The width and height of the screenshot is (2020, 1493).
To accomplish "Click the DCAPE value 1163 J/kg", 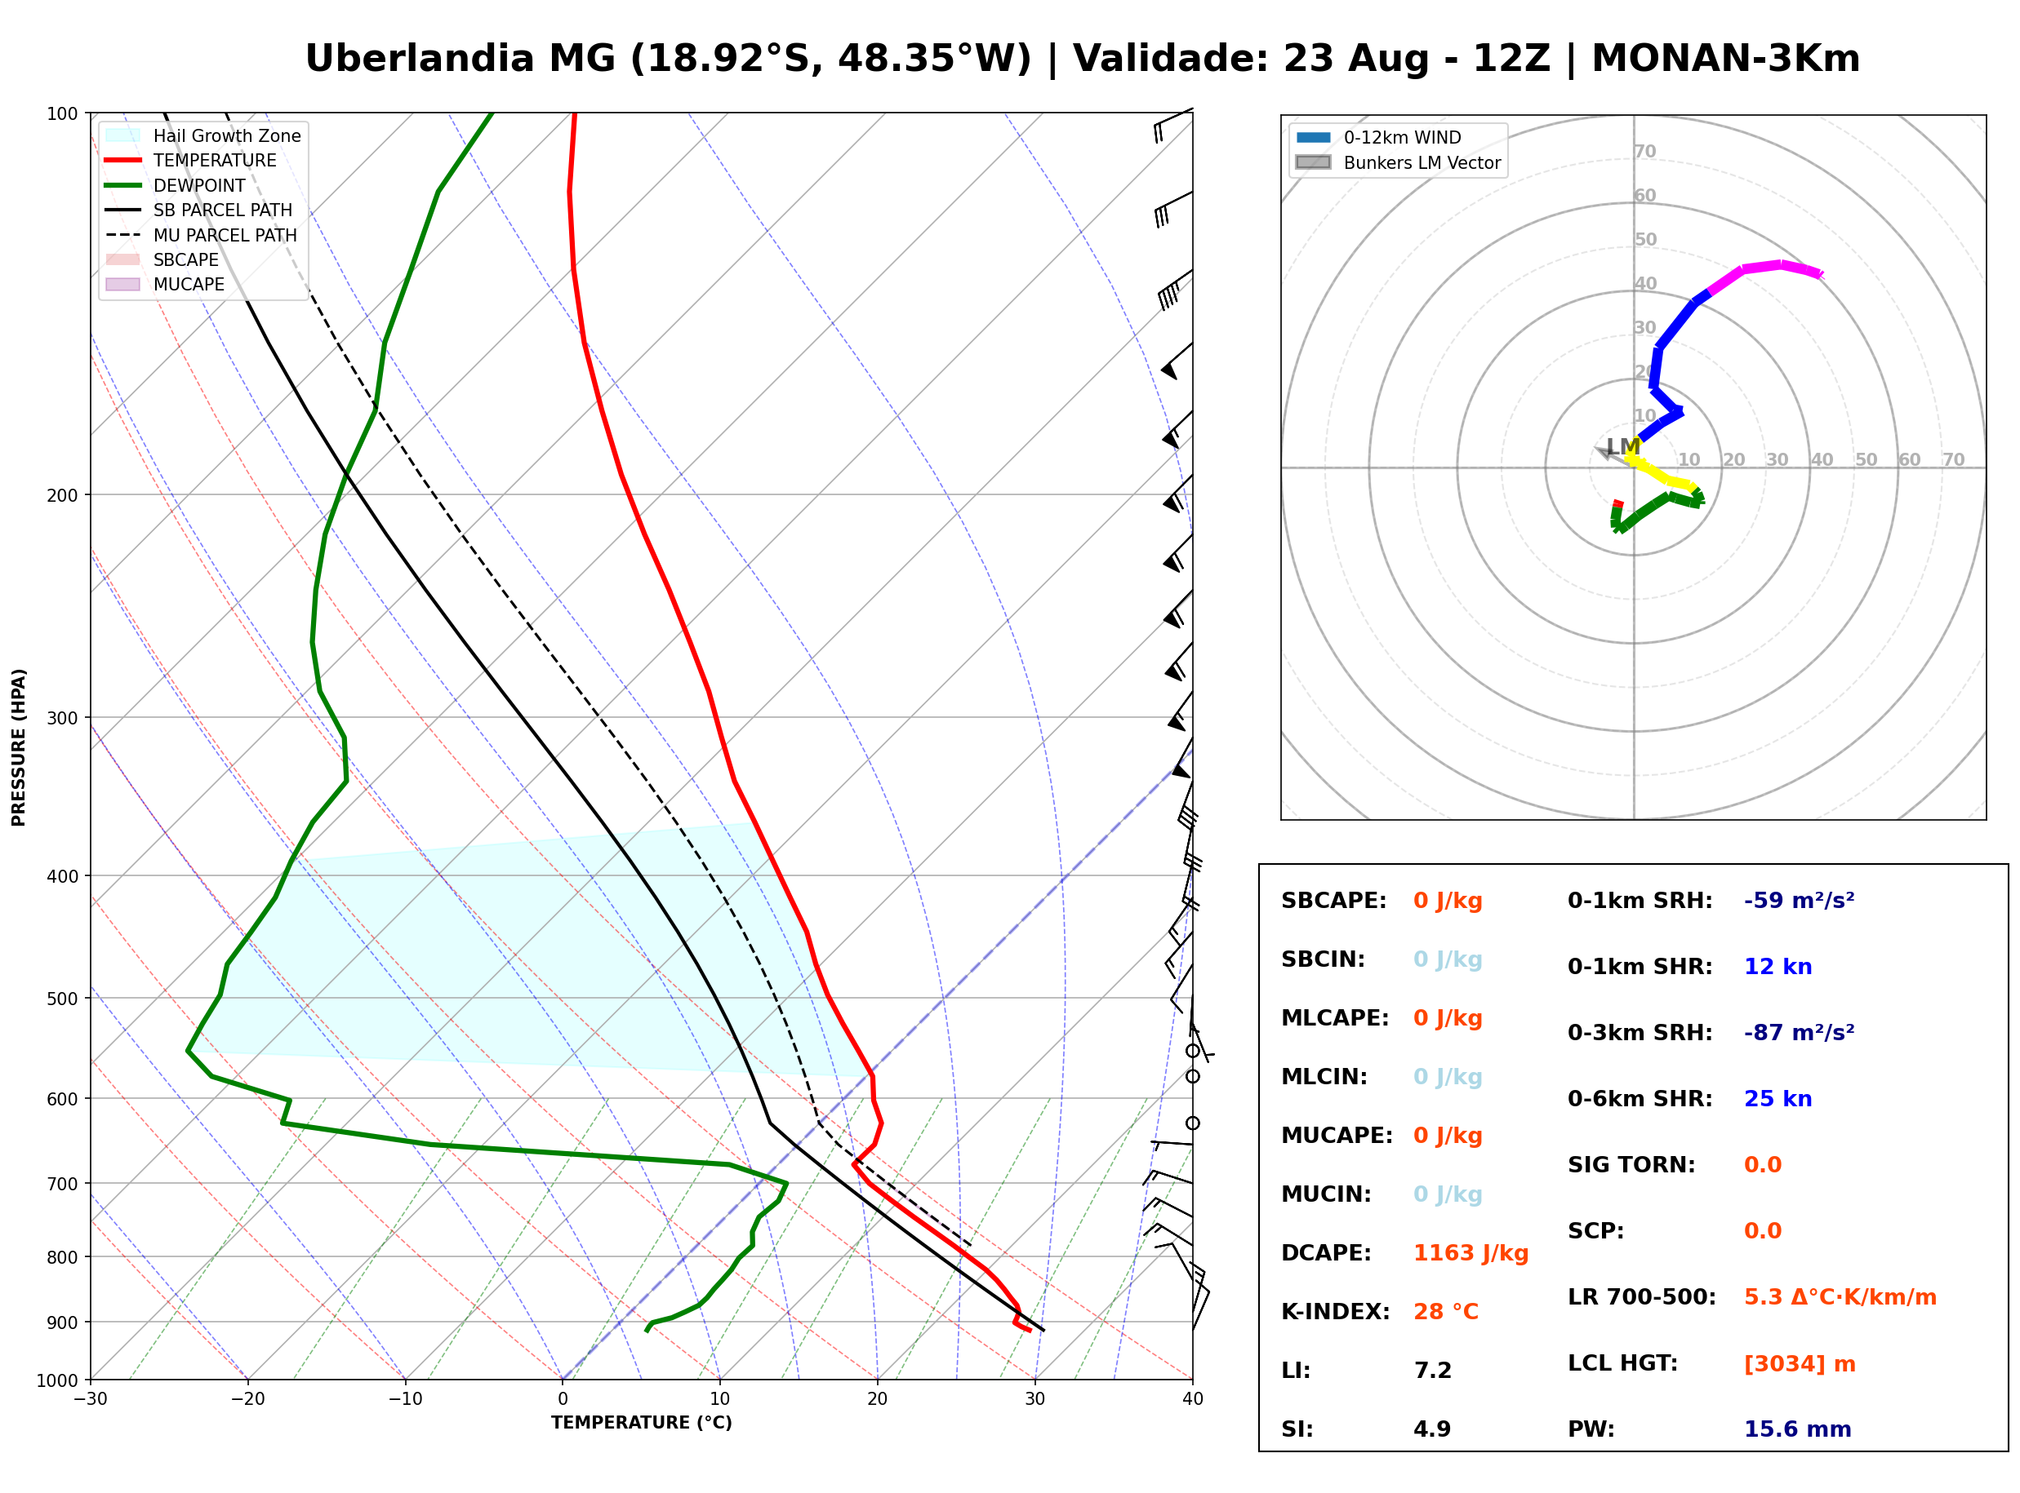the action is click(x=1471, y=1253).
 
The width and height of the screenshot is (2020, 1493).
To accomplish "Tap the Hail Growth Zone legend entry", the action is click(x=203, y=135).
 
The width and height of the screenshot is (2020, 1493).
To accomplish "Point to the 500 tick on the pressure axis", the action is click(x=62, y=999).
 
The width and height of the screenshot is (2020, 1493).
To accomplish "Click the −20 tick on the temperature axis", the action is click(x=247, y=1399).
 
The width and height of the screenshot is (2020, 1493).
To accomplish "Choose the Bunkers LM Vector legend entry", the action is click(x=1398, y=162).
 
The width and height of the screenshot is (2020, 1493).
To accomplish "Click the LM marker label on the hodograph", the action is click(x=1623, y=446).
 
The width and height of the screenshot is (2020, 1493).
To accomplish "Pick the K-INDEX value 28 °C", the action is click(x=1446, y=1312).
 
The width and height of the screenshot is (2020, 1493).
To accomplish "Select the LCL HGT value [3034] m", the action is click(x=1800, y=1364).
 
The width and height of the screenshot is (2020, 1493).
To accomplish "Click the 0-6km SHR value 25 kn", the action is click(x=1778, y=1099).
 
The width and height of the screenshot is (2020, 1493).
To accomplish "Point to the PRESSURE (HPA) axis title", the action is click(x=19, y=747).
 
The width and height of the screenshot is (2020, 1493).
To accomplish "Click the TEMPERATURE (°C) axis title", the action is click(x=641, y=1424).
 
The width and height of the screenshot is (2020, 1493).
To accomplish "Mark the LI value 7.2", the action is click(x=1432, y=1371).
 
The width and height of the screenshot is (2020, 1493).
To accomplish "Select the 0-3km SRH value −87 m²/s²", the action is click(x=1800, y=1033).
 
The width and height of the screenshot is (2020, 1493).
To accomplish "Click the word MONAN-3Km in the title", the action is click(x=1725, y=59).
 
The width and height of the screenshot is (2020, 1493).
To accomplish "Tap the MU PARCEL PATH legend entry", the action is click(x=201, y=235).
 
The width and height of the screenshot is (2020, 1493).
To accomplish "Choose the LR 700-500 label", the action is click(x=1642, y=1298).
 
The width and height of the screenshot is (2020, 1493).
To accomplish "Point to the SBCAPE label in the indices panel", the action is click(x=1333, y=901).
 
